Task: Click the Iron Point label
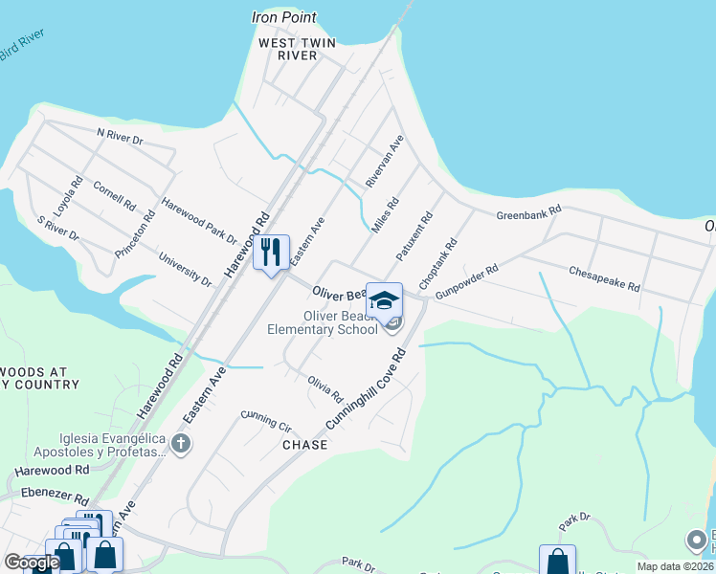(x=283, y=17)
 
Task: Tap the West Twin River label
(x=288, y=49)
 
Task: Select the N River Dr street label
(x=119, y=139)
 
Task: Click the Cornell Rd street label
(x=114, y=194)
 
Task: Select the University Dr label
(x=185, y=270)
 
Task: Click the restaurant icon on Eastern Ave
(x=271, y=253)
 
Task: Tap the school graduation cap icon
(x=384, y=299)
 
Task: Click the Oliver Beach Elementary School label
(x=342, y=323)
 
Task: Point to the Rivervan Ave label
(x=385, y=161)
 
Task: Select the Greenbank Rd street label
(x=528, y=215)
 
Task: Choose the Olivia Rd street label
(x=325, y=388)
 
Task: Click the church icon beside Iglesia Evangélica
(x=181, y=443)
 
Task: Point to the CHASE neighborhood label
(x=304, y=445)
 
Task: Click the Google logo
(x=32, y=563)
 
